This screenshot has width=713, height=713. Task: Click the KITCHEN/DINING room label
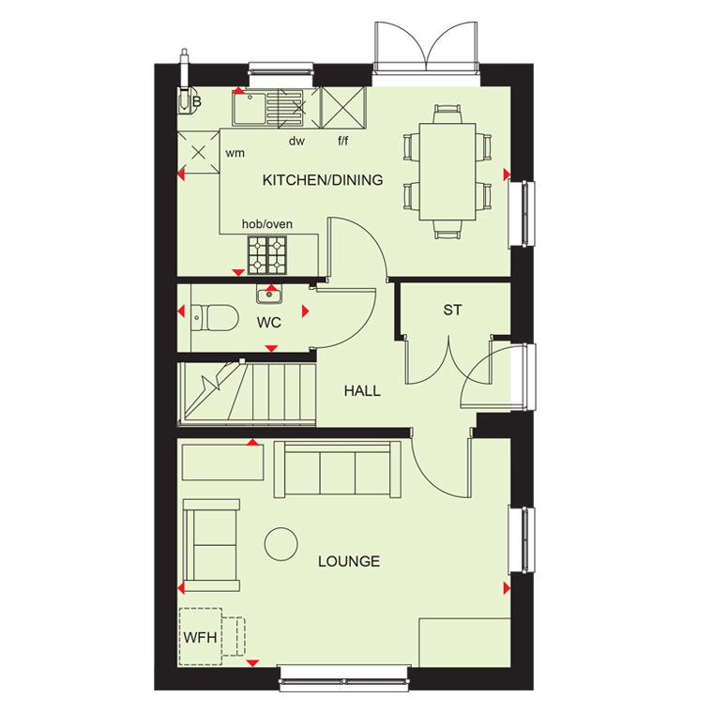(x=323, y=180)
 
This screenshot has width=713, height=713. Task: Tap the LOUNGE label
(x=349, y=562)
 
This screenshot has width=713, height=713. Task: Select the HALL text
(x=362, y=390)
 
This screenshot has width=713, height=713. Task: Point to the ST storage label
(x=452, y=311)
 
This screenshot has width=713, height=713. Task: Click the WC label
(x=268, y=323)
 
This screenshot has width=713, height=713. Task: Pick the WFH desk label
(x=200, y=638)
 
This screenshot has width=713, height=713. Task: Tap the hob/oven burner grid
(x=267, y=255)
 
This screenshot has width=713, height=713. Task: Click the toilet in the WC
(x=215, y=317)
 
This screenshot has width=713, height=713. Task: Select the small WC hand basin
(x=269, y=296)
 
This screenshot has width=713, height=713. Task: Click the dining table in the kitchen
(x=448, y=172)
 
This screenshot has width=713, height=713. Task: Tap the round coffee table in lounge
(x=281, y=544)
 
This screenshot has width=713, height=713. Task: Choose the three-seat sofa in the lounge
(x=338, y=469)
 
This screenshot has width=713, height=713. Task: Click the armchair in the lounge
(x=211, y=545)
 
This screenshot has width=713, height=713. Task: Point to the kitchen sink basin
(x=249, y=107)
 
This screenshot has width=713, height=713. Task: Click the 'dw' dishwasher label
(x=296, y=142)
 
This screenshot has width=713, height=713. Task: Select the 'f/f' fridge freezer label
(x=342, y=141)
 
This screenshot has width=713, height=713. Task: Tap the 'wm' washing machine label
(x=235, y=154)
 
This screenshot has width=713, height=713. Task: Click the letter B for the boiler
(x=196, y=101)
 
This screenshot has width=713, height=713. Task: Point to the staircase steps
(x=247, y=394)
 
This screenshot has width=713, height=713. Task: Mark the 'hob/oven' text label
(x=267, y=223)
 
